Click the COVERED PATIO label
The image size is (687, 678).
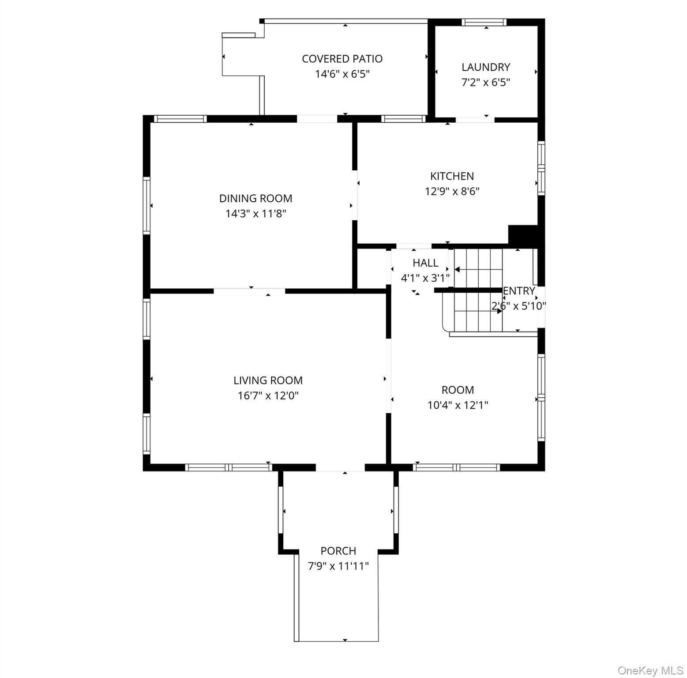click(342, 59)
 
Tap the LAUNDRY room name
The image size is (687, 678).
click(486, 67)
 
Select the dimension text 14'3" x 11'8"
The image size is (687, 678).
click(256, 214)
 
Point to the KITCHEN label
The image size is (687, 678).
click(452, 176)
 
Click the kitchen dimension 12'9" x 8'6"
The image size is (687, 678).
click(452, 192)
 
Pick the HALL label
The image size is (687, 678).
click(425, 263)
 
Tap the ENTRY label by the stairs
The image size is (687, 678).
click(519, 291)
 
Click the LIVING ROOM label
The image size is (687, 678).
click(268, 380)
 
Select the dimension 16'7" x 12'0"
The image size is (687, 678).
click(268, 396)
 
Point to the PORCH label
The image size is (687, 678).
click(338, 551)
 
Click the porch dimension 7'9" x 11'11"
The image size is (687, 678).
click(338, 566)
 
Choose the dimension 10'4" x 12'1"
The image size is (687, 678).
click(458, 405)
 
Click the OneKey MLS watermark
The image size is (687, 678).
click(650, 671)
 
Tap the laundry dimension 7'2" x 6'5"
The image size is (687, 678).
click(486, 83)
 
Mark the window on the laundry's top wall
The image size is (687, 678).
click(484, 23)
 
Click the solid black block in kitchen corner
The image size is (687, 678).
click(523, 234)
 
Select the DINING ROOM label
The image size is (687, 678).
click(256, 199)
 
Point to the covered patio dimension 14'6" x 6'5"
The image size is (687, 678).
click(342, 74)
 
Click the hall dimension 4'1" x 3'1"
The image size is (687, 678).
click(425, 279)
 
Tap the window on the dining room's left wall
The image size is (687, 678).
click(147, 205)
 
